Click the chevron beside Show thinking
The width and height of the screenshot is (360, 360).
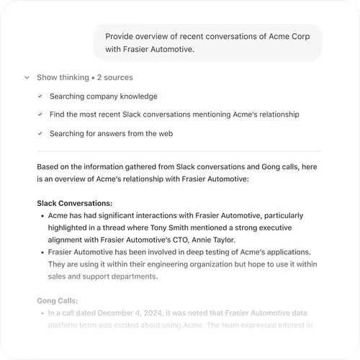point(27,77)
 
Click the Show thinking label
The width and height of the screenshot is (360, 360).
point(62,77)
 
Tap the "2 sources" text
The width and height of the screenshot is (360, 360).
point(114,77)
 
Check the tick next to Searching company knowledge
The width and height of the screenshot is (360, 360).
point(40,96)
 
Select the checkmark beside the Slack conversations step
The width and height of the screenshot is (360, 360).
point(40,114)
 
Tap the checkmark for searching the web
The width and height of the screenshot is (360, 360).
point(40,133)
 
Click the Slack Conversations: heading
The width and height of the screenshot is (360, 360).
point(74,203)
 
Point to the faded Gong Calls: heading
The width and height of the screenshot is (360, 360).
point(58,301)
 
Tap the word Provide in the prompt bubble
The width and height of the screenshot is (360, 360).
point(120,36)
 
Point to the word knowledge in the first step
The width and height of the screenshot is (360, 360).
point(138,96)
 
